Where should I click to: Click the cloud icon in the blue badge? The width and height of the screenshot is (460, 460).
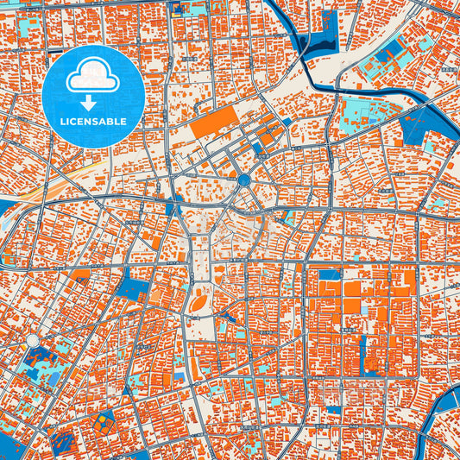(92, 77)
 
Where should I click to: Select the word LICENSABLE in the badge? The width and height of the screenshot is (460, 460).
(92, 122)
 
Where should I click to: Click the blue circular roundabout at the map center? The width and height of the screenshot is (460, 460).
(244, 180)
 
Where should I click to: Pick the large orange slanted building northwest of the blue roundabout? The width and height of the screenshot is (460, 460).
(213, 123)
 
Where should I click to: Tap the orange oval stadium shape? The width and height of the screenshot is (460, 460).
(198, 304)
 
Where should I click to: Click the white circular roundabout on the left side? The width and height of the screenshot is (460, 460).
(33, 342)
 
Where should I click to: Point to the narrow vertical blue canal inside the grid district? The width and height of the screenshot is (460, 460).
(362, 354)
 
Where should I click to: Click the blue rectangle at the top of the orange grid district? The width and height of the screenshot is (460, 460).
(330, 274)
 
